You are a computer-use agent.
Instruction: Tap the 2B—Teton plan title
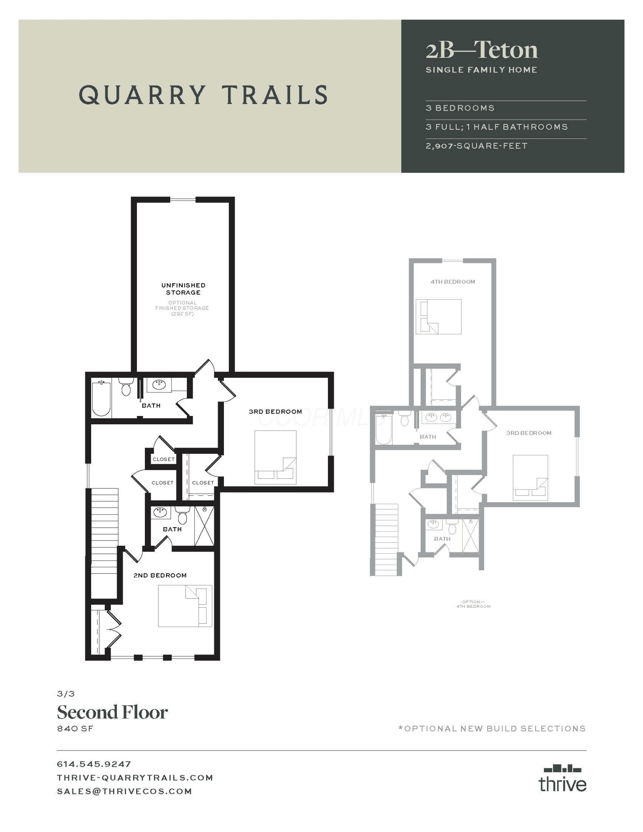482,50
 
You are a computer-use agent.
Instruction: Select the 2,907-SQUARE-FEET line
477,146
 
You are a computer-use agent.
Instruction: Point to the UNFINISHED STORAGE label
183,289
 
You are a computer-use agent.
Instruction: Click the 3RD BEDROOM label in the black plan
275,411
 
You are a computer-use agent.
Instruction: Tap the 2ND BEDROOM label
160,575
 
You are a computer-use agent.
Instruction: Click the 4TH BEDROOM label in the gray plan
453,282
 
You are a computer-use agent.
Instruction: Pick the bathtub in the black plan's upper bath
101,398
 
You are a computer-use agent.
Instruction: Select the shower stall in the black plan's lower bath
204,526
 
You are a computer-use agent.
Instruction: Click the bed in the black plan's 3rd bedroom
275,457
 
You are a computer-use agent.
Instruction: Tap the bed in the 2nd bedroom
185,606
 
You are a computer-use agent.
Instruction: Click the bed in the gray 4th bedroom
438,317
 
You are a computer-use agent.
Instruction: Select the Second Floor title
112,713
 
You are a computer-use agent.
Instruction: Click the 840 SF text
75,728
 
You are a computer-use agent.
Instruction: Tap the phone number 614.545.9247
94,764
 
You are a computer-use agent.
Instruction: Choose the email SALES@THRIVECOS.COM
124,791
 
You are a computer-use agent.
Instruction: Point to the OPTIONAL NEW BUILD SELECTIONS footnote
492,728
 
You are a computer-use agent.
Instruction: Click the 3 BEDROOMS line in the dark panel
460,108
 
